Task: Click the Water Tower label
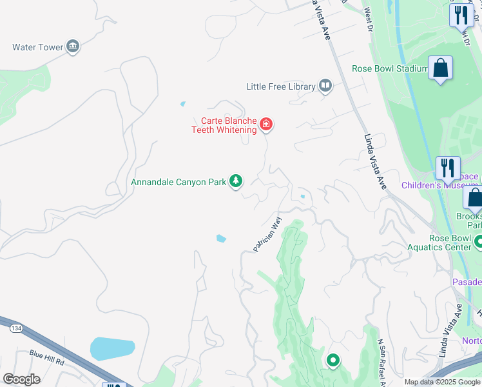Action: (37, 47)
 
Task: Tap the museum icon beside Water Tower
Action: (73, 46)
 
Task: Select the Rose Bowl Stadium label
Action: (389, 69)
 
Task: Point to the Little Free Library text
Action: (281, 86)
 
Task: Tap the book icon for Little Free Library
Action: (326, 86)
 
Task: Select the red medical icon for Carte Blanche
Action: (265, 124)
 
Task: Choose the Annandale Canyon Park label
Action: (178, 182)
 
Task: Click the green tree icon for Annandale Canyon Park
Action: (236, 181)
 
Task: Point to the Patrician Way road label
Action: (267, 234)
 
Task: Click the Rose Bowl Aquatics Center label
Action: (440, 242)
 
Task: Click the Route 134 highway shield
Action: (14, 329)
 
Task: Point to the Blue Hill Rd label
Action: (47, 354)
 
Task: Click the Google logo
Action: (22, 379)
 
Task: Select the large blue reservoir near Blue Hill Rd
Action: (112, 349)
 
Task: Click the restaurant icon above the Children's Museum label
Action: (447, 168)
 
